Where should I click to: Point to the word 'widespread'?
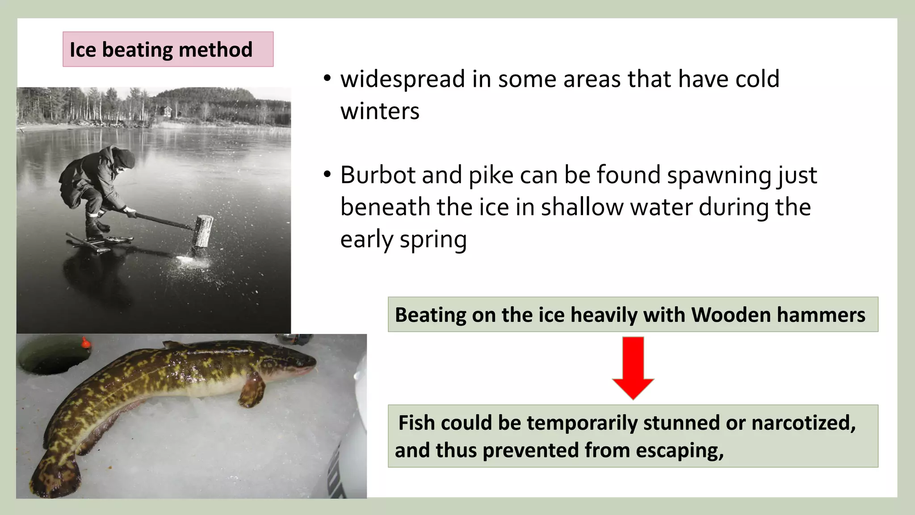[x=403, y=79]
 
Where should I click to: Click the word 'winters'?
[x=380, y=111]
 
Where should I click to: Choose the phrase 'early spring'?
[x=403, y=240]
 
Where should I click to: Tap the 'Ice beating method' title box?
[x=168, y=49]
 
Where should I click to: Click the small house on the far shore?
[x=166, y=111]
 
